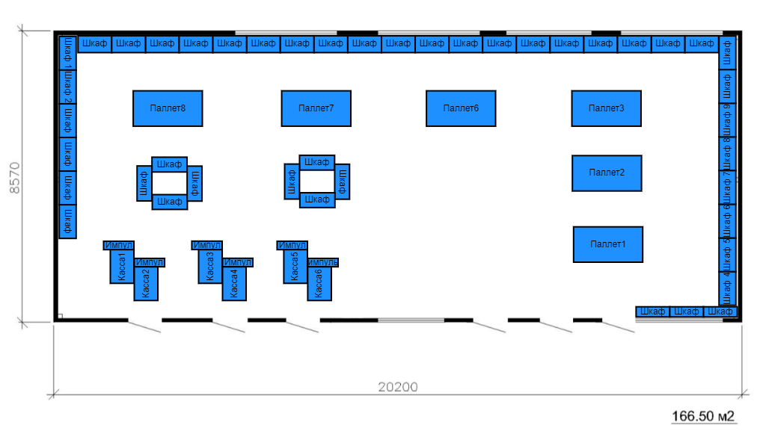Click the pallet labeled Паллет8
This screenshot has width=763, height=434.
pyautogui.click(x=168, y=108)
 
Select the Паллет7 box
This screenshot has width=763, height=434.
pyautogui.click(x=316, y=108)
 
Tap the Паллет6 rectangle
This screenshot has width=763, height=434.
pyautogui.click(x=461, y=108)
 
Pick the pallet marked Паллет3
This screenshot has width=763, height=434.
pyautogui.click(x=606, y=108)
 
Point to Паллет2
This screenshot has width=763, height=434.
pyautogui.click(x=607, y=173)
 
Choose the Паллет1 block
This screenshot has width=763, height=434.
pyautogui.click(x=607, y=244)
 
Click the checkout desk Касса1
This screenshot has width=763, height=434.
pyautogui.click(x=121, y=267)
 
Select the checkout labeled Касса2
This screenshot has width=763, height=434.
pyautogui.click(x=146, y=284)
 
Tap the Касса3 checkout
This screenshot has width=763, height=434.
pyautogui.click(x=210, y=267)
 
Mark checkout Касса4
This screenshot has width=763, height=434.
pyautogui.click(x=234, y=284)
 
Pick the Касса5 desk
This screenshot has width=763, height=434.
pyautogui.click(x=295, y=267)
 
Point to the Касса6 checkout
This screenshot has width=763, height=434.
pyautogui.click(x=319, y=284)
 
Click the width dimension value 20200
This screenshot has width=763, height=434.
pyautogui.click(x=397, y=387)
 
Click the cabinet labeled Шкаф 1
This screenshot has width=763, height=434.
pyautogui.click(x=68, y=52)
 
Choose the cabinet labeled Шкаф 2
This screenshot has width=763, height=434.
pyautogui.click(x=68, y=86)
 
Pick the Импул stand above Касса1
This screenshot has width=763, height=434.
pyautogui.click(x=119, y=245)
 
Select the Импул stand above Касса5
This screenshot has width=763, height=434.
pyautogui.click(x=292, y=245)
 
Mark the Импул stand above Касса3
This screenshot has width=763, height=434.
pyautogui.click(x=207, y=245)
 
